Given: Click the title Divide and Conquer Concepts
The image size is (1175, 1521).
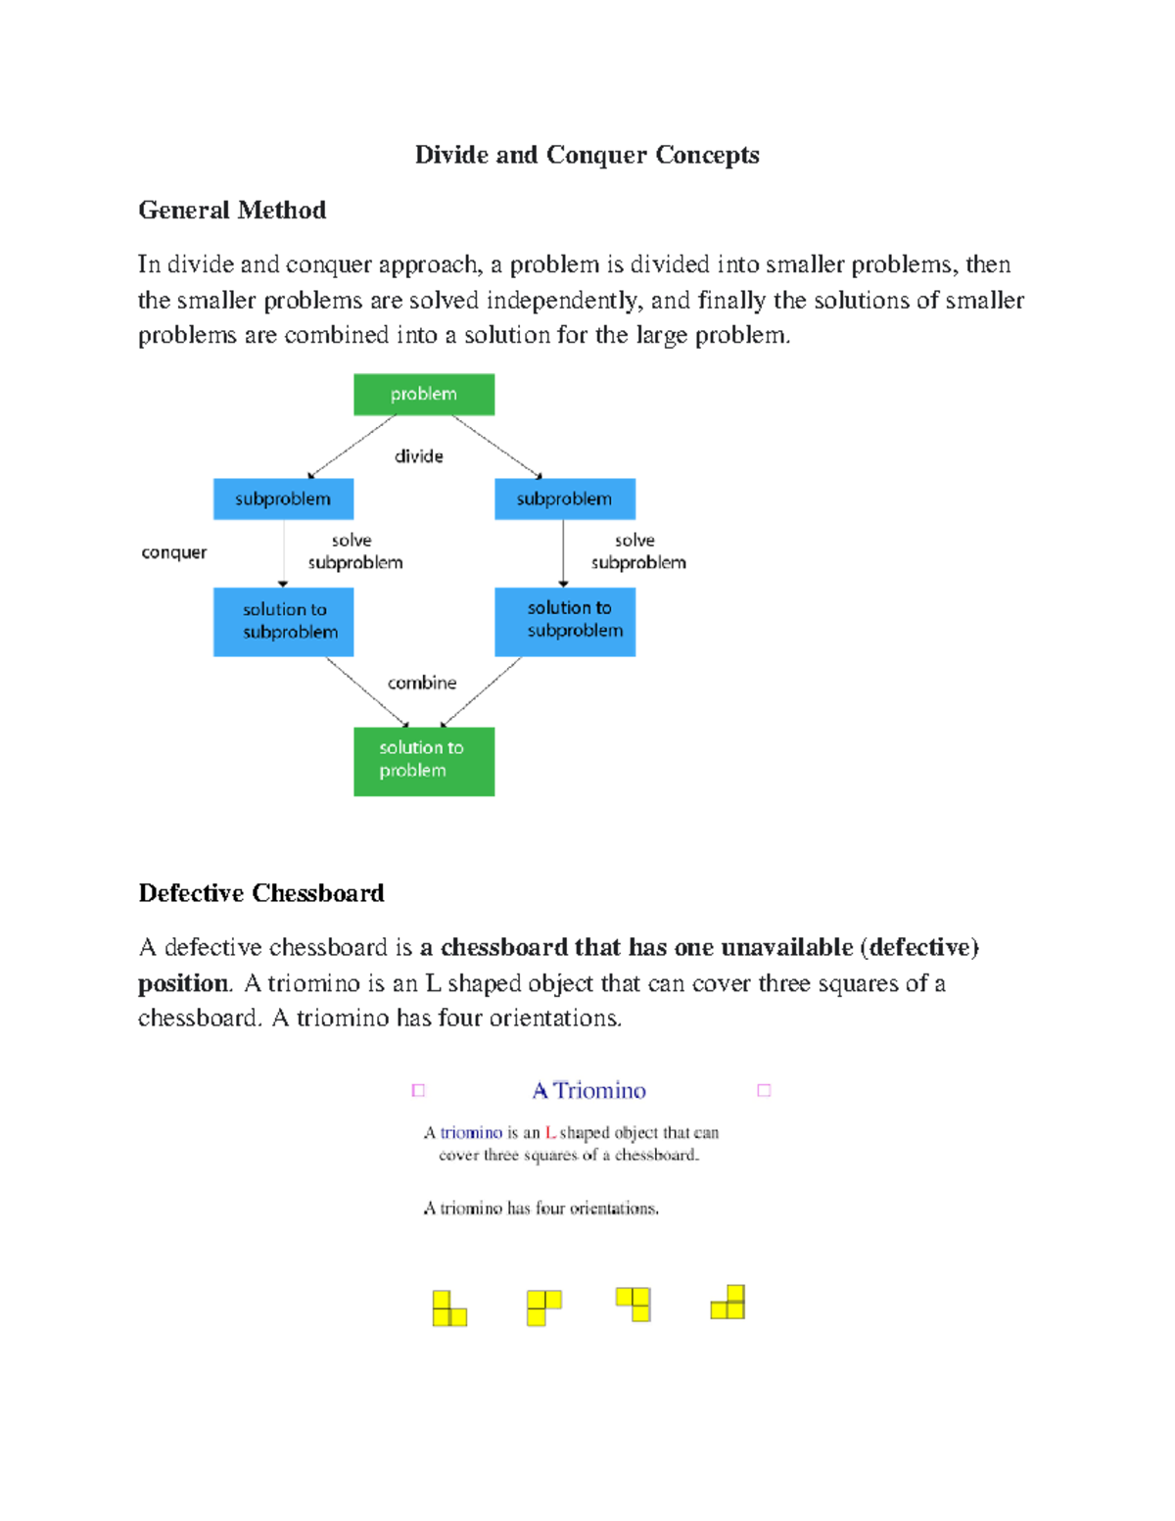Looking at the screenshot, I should click(587, 155).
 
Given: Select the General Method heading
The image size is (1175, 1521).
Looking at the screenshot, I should click(232, 210).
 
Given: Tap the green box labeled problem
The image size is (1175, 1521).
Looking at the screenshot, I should click(424, 394).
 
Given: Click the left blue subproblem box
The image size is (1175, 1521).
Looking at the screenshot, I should click(283, 499).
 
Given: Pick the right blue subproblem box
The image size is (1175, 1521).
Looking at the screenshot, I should click(565, 499).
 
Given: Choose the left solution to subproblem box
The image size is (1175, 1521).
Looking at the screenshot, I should click(283, 621).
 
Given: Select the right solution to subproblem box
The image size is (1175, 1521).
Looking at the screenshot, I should click(565, 621).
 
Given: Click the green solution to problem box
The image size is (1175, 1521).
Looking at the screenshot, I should click(424, 760).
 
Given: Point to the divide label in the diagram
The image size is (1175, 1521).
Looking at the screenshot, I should click(419, 456).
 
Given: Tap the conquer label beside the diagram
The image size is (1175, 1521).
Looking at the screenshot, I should click(174, 552).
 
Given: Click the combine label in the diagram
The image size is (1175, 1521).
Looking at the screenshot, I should click(422, 683).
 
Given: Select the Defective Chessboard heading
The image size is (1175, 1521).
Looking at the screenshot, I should click(261, 892).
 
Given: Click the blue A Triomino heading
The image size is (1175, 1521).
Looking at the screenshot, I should click(588, 1090).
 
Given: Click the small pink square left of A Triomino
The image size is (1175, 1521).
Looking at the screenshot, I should click(418, 1090).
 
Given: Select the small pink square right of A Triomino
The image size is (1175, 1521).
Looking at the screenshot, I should click(764, 1090).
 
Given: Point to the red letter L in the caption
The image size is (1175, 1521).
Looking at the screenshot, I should click(550, 1133).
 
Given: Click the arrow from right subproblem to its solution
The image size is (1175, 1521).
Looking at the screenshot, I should click(563, 553).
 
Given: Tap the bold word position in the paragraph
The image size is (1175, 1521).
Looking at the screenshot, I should click(183, 982).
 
